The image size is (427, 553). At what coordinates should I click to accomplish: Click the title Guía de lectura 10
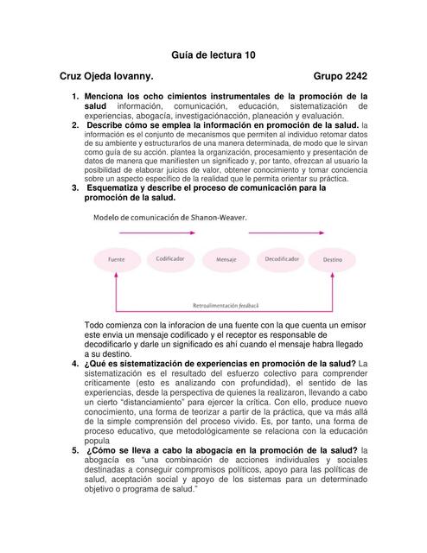click(x=213, y=54)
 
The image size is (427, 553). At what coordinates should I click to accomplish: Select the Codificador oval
click(x=169, y=258)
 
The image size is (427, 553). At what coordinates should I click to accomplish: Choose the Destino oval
click(x=333, y=259)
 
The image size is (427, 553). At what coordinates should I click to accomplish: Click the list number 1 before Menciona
click(x=75, y=96)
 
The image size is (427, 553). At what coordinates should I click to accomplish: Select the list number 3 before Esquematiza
click(x=75, y=188)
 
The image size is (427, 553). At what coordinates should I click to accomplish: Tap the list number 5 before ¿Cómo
click(x=75, y=451)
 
